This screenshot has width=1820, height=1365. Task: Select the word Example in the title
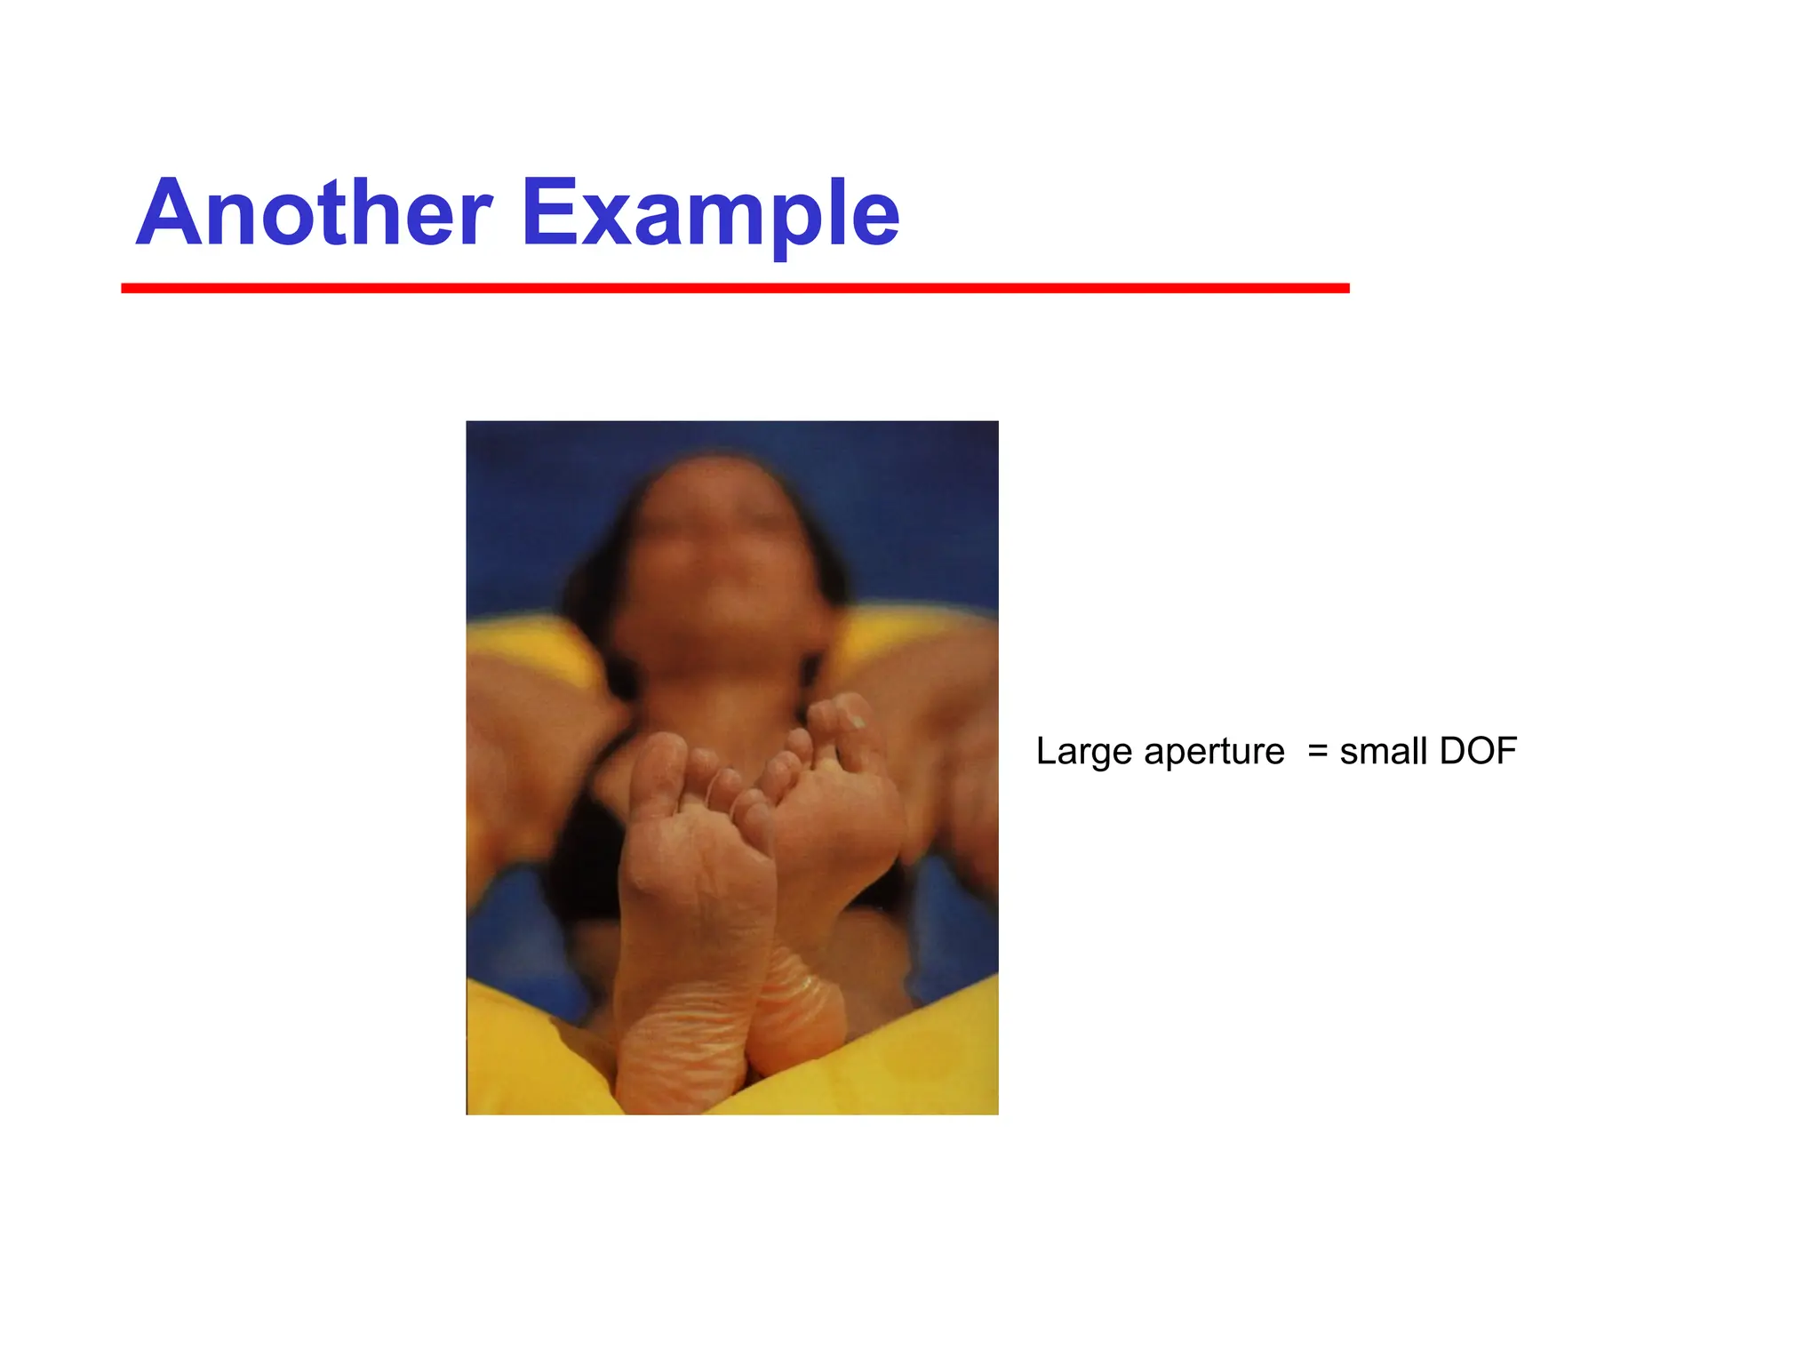pyautogui.click(x=710, y=215)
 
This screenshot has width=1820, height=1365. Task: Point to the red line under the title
pyautogui.click(x=735, y=288)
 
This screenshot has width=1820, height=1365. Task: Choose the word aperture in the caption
pyautogui.click(x=1214, y=753)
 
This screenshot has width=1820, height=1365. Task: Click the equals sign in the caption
pyautogui.click(x=1318, y=751)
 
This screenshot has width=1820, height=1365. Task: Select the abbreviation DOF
pyautogui.click(x=1478, y=751)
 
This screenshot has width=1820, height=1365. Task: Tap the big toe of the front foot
pyautogui.click(x=659, y=764)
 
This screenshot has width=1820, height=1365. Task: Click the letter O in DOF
pyautogui.click(x=1480, y=751)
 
